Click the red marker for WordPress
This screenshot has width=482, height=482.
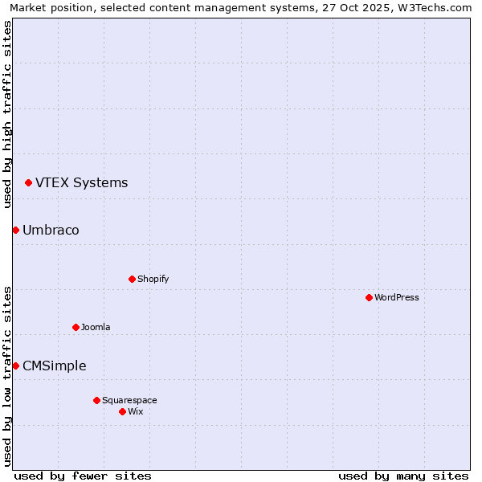point(369,297)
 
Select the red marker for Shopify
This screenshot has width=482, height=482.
point(132,279)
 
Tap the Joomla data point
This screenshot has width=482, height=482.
point(76,327)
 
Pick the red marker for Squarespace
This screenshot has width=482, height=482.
point(96,400)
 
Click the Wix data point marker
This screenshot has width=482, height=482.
point(122,411)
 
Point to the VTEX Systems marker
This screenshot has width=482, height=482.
point(28,182)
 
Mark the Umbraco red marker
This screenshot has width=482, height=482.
point(15,230)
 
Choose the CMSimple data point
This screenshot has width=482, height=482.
point(15,366)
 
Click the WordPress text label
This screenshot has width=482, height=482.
point(397,297)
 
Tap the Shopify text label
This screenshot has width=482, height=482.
point(153,279)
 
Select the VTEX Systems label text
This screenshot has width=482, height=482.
point(81,182)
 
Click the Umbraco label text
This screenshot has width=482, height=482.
point(51,230)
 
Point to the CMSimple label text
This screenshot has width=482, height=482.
point(54,366)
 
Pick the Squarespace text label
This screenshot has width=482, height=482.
point(129,400)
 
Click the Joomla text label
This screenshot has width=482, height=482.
point(96,327)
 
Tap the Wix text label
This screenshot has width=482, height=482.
point(136,411)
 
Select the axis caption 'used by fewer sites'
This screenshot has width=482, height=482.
point(83,476)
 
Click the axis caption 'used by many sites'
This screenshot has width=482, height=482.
point(403,476)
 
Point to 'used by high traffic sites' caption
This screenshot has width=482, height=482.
point(7,114)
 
